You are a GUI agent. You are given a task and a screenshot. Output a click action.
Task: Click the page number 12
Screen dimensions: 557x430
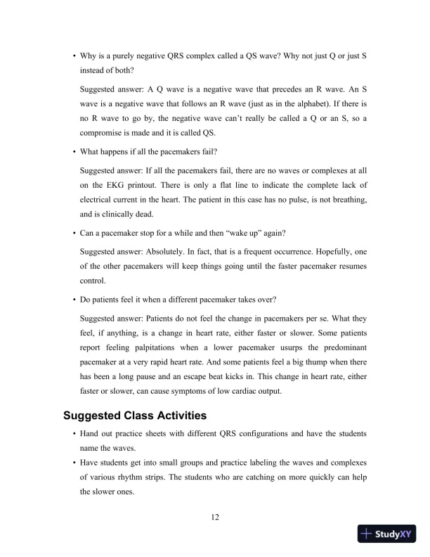click(215, 518)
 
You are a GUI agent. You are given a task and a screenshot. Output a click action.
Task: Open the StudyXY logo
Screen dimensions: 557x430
click(386, 534)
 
